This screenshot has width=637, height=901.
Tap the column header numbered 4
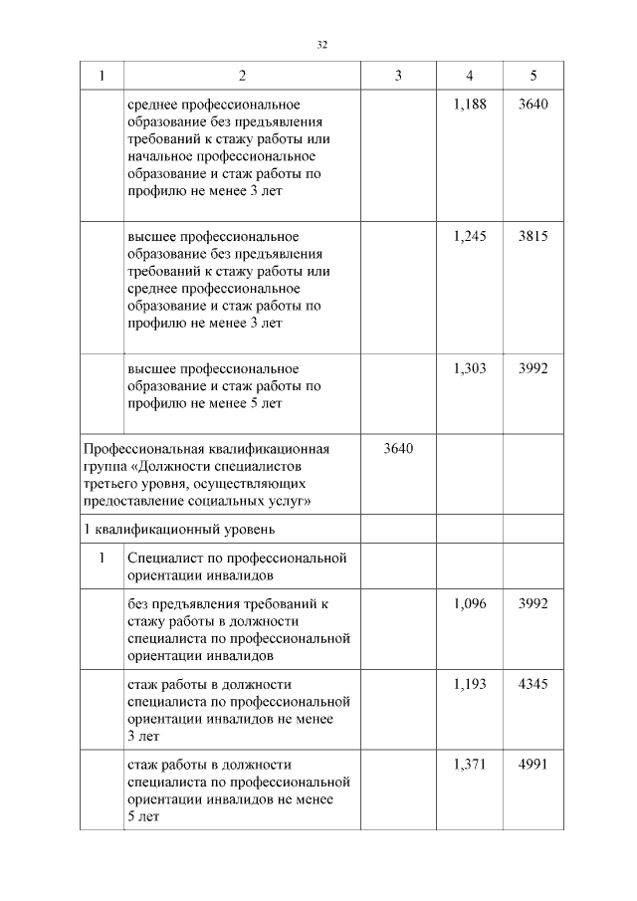point(469,76)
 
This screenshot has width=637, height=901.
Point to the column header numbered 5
point(533,76)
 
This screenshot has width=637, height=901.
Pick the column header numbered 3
point(398,76)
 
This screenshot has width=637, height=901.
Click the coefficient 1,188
point(469,105)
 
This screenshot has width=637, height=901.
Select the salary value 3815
point(533,236)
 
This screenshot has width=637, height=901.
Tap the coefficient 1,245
point(469,236)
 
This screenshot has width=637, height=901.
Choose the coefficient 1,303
point(469,367)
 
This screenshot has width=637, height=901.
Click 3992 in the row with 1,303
point(533,367)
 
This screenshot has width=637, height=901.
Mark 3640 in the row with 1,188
point(533,105)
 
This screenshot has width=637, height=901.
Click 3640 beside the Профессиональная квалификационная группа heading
point(398,448)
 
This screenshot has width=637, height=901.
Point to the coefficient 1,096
point(469,603)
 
